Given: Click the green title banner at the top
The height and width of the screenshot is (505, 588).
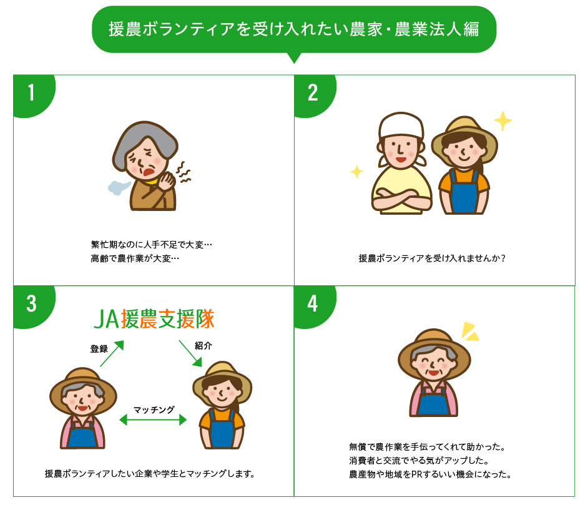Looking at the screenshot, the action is tap(294, 29).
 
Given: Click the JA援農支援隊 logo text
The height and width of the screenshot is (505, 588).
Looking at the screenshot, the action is tap(154, 319).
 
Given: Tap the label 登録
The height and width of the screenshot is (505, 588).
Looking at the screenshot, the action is tap(99, 349).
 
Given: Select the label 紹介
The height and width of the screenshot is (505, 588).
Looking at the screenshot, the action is tap(203, 345).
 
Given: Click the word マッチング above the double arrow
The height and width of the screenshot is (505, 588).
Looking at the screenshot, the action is tap(154, 409).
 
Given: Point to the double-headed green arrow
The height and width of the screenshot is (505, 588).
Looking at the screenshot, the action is tap(153, 419).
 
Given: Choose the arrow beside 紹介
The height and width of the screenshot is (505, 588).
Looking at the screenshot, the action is tap(190, 353).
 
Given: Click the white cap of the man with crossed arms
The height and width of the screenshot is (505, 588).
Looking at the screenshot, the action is tap(401, 125).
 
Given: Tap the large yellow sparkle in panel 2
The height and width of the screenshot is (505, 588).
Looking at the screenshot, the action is tap(503, 120).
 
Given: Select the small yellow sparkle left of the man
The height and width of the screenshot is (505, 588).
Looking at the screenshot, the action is tap(357, 172).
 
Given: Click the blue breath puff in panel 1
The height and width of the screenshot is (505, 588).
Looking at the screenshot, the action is tap(119, 187).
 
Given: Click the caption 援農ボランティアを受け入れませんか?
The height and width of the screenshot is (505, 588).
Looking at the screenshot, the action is tap(432, 258).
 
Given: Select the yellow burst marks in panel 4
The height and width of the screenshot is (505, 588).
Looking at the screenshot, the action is tap(470, 331).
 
